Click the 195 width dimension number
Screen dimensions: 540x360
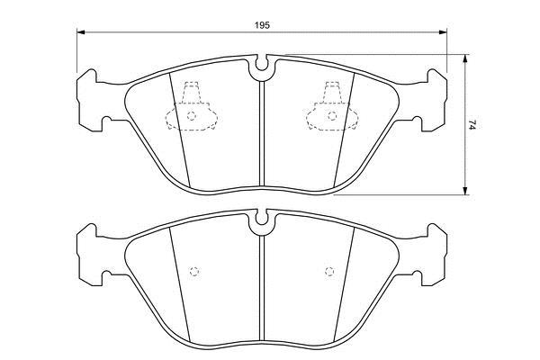click(x=262, y=25)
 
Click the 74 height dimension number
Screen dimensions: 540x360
click(x=472, y=125)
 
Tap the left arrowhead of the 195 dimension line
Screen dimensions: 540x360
click(x=81, y=32)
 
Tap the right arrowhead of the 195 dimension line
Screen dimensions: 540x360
click(x=443, y=32)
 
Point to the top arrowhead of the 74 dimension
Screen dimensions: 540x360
click(x=465, y=58)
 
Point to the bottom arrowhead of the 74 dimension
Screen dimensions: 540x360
click(x=465, y=191)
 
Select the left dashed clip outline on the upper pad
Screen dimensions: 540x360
click(x=192, y=106)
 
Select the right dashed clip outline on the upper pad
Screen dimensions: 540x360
click(x=332, y=106)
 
